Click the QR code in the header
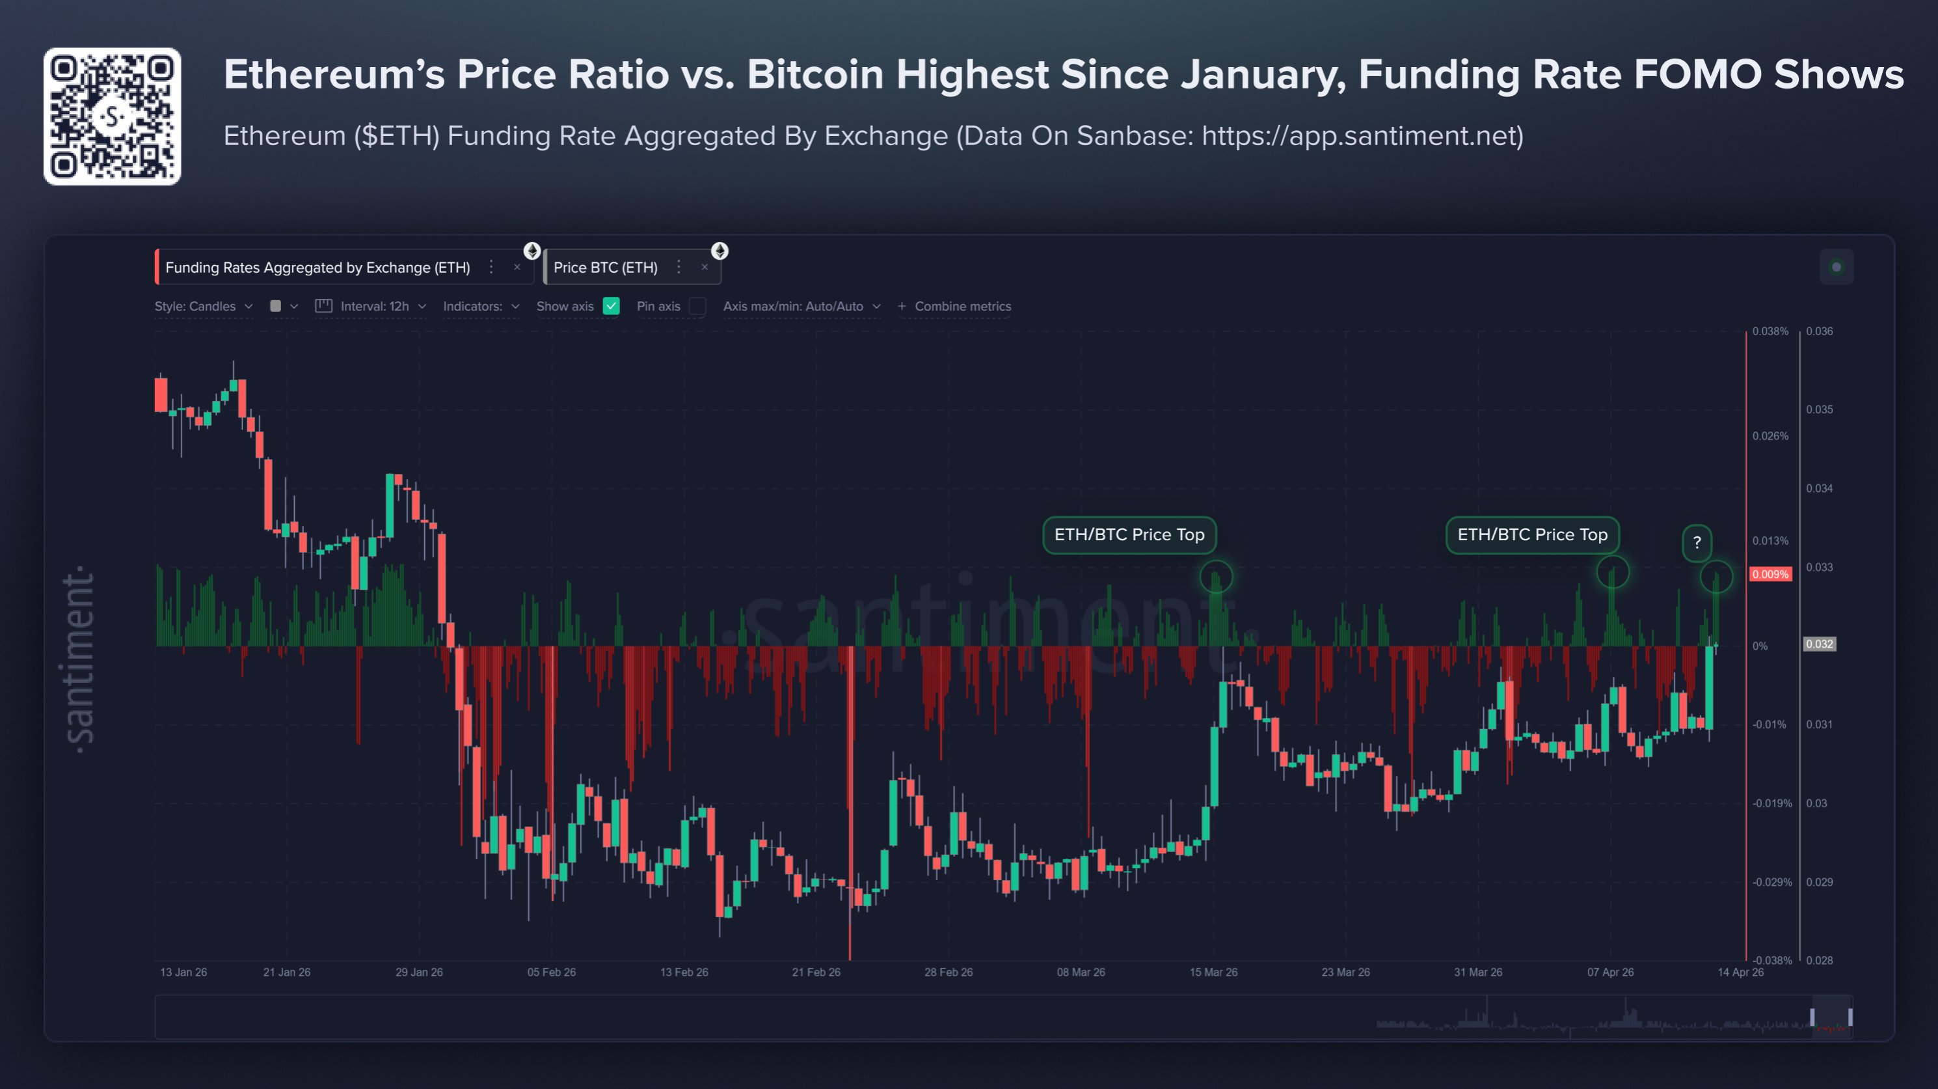[x=112, y=117]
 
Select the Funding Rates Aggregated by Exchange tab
[x=317, y=267]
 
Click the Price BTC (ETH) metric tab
[x=606, y=267]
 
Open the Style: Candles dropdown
[x=203, y=307]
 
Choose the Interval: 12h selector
[x=374, y=307]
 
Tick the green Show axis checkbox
[x=611, y=307]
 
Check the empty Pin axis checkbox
[x=697, y=307]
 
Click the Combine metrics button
[x=955, y=307]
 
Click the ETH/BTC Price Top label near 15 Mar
[x=1129, y=534]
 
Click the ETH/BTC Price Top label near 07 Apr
[x=1532, y=534]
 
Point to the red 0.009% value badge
[x=1770, y=574]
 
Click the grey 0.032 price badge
[x=1819, y=644]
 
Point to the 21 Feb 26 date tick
[x=816, y=972]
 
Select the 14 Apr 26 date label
[x=1740, y=972]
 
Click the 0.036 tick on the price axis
[x=1819, y=331]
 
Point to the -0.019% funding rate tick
[x=1771, y=803]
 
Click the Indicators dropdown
[x=481, y=307]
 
